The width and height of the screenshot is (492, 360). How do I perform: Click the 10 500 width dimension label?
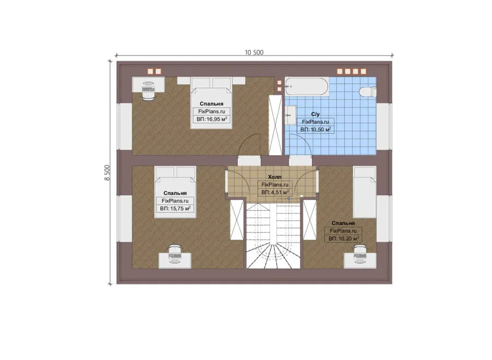254,52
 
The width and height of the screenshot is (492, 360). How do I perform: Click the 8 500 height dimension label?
107,173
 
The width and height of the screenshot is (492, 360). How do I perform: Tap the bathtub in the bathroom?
306,86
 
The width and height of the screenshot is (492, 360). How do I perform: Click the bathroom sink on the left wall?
290,115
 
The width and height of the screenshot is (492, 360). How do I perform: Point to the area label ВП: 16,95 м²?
212,120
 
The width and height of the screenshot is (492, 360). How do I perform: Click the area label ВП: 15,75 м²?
175,209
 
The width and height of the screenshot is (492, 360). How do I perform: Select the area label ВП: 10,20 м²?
344,239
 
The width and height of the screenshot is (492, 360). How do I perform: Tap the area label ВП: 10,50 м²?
315,129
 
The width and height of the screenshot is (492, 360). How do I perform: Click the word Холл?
274,177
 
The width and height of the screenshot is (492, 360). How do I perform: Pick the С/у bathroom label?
315,115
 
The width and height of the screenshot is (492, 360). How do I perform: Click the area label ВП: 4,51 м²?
275,192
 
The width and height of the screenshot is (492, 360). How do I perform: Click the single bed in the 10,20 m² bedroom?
365,192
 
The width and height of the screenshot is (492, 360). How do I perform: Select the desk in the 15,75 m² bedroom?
175,261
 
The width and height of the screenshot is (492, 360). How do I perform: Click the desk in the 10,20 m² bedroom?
360,261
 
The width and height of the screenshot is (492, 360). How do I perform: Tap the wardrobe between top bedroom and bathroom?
276,125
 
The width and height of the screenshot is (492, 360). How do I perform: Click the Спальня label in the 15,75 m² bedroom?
175,193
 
